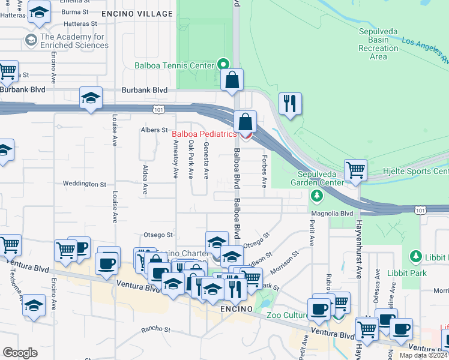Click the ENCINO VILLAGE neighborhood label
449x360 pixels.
tap(137, 13)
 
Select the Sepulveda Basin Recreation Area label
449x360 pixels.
tap(378, 44)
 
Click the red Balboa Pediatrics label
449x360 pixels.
tap(204, 134)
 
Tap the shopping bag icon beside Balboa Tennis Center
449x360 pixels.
tap(232, 80)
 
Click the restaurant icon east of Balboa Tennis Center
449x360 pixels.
tap(290, 103)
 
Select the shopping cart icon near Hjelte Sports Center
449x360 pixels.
tap(355, 170)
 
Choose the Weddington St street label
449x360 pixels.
tap(84, 185)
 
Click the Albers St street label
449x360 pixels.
tap(154, 130)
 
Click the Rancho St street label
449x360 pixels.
tap(156, 329)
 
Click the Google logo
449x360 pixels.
tap(20, 353)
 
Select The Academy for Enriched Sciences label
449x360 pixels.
tap(73, 41)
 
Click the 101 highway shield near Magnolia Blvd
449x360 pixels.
tap(420, 209)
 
